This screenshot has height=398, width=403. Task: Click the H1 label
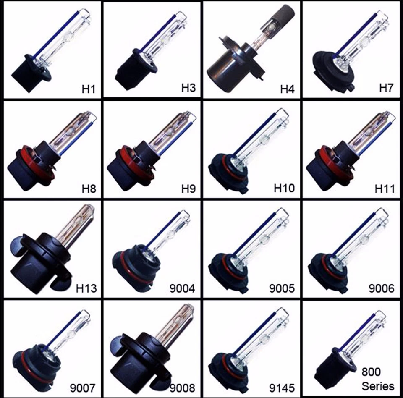click(x=89, y=89)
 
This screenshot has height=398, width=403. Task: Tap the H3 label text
click(x=188, y=88)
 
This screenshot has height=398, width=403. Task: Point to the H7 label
click(x=387, y=88)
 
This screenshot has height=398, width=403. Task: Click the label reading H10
click(x=284, y=188)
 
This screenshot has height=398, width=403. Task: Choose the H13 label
click(x=86, y=288)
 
